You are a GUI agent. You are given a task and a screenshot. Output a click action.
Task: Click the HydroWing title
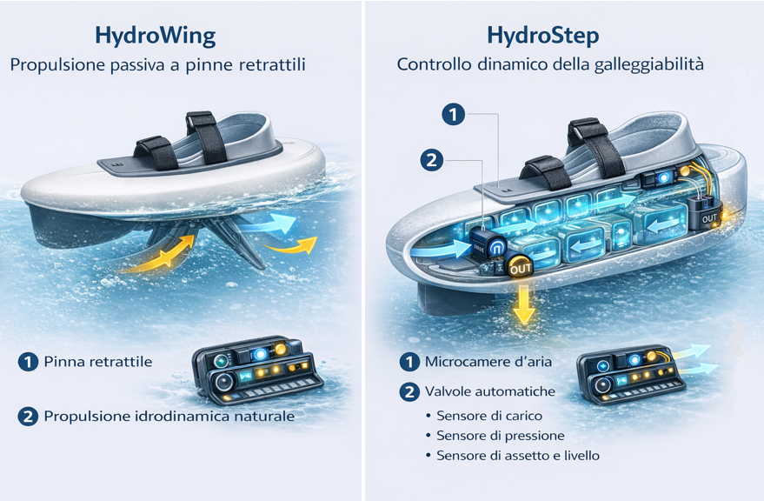155,37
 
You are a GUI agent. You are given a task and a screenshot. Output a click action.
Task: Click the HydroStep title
542,37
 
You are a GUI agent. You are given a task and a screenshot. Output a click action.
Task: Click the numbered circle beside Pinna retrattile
28,362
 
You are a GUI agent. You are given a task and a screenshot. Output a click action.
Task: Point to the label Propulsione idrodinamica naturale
169,416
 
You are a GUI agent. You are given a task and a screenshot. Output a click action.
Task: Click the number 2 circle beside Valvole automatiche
409,391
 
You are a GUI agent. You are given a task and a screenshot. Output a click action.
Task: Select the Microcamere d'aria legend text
488,362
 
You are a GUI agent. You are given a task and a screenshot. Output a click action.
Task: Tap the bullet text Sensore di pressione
501,435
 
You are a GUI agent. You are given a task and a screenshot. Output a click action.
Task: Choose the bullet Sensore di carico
489,416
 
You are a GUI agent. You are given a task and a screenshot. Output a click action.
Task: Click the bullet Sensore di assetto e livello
518,455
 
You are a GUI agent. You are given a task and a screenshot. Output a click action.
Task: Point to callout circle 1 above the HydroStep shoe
453,115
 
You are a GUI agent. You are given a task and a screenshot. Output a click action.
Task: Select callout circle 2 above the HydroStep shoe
432,160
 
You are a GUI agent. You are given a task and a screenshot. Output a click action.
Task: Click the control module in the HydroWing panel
256,370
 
